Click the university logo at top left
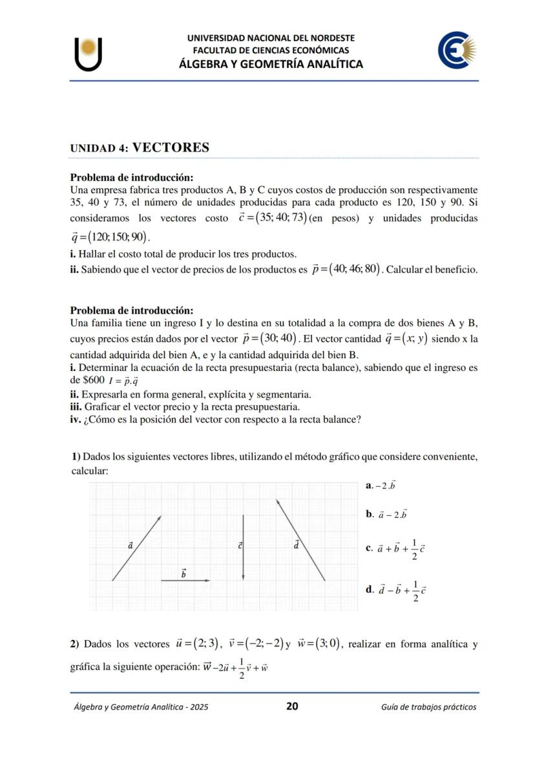[88, 54]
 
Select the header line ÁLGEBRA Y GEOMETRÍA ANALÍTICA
[271, 64]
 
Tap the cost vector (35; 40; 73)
[272, 217]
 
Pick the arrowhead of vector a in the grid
[159, 517]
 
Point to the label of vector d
[296, 544]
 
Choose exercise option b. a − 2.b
[386, 515]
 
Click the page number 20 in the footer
[292, 706]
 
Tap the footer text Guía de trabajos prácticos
[428, 707]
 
